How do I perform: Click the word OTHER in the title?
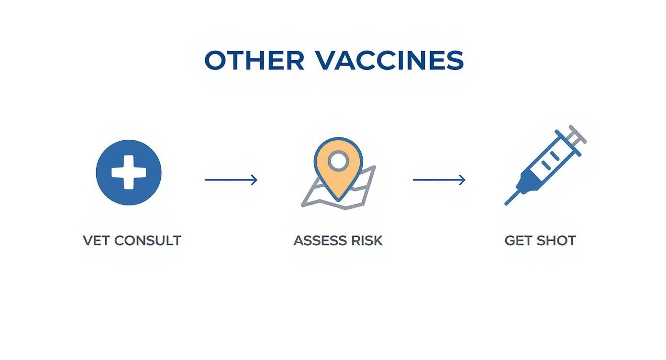pyautogui.click(x=254, y=61)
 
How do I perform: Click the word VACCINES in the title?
pyautogui.click(x=389, y=61)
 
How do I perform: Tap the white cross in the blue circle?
pyautogui.click(x=129, y=172)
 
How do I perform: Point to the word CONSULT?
pyautogui.click(x=147, y=240)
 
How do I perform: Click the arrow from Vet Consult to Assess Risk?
pyautogui.click(x=230, y=180)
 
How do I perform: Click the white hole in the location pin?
pyautogui.click(x=339, y=161)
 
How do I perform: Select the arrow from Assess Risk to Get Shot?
pyautogui.click(x=438, y=180)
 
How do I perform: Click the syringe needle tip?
pyautogui.click(x=508, y=202)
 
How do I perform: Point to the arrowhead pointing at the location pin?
pyautogui.click(x=255, y=180)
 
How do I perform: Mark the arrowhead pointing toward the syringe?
pyautogui.click(x=463, y=180)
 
